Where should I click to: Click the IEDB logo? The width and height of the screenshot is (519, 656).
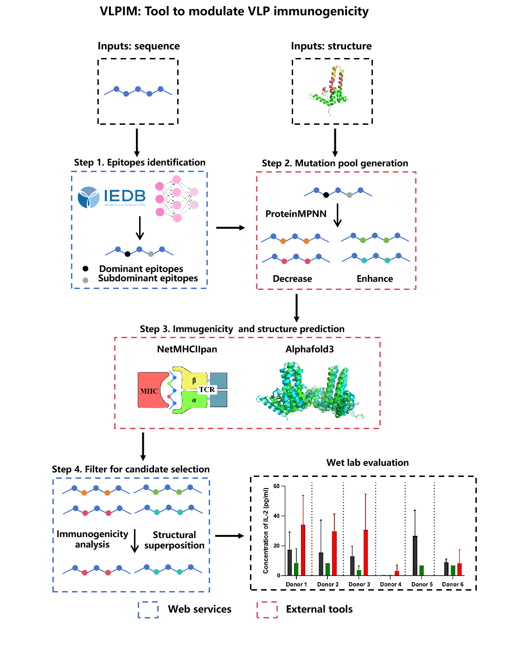[x=112, y=197]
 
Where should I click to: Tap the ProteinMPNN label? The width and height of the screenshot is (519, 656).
[x=296, y=214]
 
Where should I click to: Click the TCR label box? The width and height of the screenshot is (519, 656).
[x=207, y=390]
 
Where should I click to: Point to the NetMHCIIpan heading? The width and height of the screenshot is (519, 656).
[x=187, y=349]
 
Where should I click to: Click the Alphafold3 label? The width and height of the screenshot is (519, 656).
[x=309, y=349]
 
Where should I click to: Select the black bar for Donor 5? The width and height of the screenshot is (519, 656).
[x=415, y=555]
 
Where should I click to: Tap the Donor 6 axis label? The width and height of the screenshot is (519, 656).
[x=453, y=585]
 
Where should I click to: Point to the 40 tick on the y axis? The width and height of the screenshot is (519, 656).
[x=276, y=516]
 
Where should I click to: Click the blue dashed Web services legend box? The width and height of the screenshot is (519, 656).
[x=148, y=610]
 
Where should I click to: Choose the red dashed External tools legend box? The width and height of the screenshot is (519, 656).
[x=267, y=610]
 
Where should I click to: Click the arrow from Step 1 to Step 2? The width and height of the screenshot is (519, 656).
[x=231, y=228]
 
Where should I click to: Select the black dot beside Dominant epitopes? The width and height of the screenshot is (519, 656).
[x=85, y=269]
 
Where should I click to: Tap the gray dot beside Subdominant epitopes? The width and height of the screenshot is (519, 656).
[x=85, y=280]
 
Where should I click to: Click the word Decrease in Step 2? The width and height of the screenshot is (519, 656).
[x=292, y=279]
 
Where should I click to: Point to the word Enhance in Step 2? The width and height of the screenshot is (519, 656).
[x=375, y=279]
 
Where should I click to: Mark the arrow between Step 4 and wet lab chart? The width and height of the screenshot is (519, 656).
[x=230, y=536]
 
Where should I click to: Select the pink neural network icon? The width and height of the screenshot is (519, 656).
[x=176, y=199]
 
